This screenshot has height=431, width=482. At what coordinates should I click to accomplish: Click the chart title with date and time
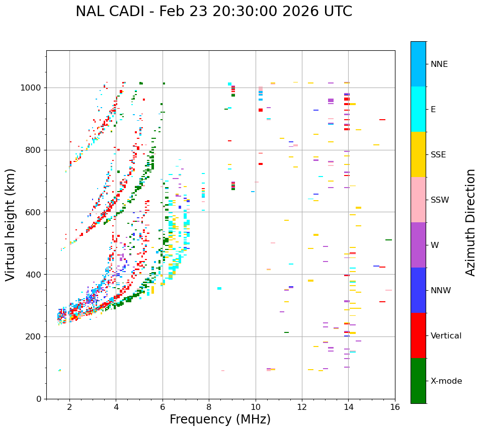point(214,12)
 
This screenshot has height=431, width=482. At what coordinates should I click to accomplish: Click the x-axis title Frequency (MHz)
point(220,419)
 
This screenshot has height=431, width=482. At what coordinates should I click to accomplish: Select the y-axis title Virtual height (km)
point(11,225)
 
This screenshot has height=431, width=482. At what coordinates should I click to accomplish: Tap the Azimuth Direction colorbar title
point(470,222)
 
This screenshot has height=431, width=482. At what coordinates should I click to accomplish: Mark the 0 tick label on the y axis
point(39,399)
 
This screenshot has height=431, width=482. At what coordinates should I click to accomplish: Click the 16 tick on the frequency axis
point(395,407)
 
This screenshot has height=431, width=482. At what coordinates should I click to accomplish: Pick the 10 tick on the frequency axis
point(256,407)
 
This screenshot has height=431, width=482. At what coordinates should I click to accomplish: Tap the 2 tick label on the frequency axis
point(69,407)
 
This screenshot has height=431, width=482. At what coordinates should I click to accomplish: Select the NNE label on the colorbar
point(439,64)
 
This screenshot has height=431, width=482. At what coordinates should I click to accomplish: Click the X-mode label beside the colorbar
point(446,381)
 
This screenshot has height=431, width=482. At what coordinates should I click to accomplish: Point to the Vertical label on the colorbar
point(446,336)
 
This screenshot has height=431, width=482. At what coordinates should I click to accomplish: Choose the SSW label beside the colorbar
point(440,200)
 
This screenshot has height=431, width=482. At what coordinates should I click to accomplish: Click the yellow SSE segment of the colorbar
point(418,154)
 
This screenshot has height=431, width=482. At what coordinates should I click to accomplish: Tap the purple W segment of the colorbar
point(418,244)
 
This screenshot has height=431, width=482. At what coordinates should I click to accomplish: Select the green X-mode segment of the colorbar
point(418,380)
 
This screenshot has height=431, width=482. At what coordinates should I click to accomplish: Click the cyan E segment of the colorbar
point(418,109)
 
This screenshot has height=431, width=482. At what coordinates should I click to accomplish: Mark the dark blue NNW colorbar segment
point(418,290)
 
